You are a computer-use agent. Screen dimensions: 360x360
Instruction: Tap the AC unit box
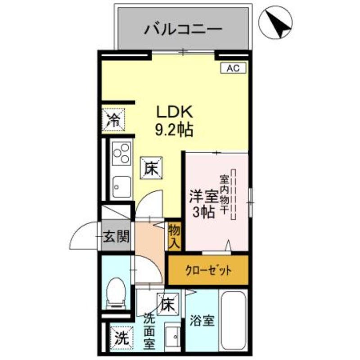(x=233, y=68)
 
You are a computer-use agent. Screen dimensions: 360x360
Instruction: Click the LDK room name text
(x=174, y=111)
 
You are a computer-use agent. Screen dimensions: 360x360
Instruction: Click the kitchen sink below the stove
(x=121, y=185)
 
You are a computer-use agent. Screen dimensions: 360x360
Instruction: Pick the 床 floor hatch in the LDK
(x=150, y=169)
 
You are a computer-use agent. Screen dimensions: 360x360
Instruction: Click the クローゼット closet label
(x=208, y=270)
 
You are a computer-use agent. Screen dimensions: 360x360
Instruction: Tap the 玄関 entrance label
(x=117, y=236)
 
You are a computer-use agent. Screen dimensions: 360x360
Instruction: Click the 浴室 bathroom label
(x=202, y=321)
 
